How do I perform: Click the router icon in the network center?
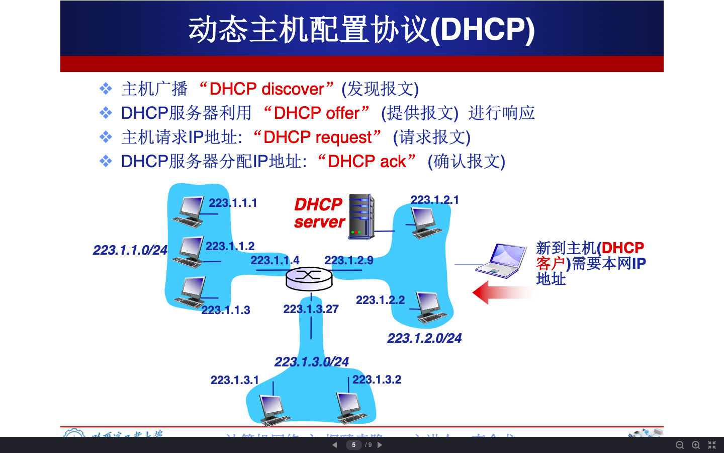coord(309,277)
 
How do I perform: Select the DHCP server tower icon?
coord(361,216)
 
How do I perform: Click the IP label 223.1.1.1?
coord(233,203)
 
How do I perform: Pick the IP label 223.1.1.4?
coord(275,260)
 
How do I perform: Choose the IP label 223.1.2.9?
coord(348,260)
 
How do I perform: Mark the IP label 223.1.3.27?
coord(311,309)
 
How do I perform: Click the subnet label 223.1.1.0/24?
coord(130,250)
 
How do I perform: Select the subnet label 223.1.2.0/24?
coord(424,338)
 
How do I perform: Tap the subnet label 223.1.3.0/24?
coord(311,362)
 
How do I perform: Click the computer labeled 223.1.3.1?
coord(273,408)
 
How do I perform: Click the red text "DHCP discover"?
coord(266,89)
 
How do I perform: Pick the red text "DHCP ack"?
coord(367,162)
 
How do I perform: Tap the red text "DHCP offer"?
coord(317,113)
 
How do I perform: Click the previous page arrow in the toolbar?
coord(335,445)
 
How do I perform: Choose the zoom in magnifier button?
coord(696,445)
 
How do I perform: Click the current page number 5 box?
coord(353,445)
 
